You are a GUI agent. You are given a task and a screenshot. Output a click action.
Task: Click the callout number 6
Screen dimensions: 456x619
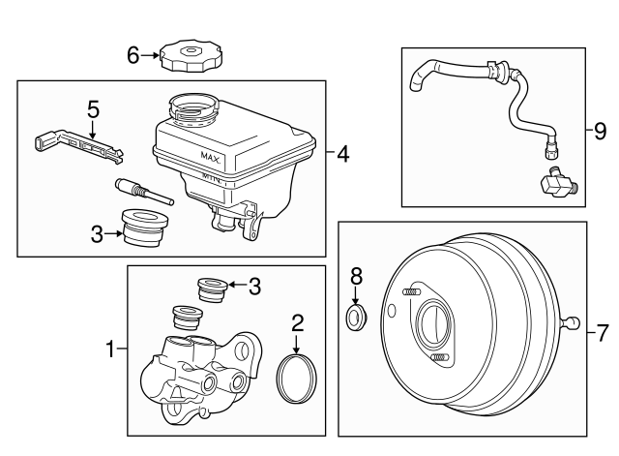(133, 55)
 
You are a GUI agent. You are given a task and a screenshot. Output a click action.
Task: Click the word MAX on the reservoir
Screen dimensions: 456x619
(212, 156)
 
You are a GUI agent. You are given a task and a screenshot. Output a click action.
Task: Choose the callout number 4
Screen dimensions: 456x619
(342, 153)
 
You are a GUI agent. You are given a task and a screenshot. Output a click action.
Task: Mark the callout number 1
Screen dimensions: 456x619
(112, 347)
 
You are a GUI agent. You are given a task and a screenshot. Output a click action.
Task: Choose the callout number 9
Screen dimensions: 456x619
(601, 126)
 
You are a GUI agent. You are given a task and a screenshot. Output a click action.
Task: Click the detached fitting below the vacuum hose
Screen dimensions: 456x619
(555, 182)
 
